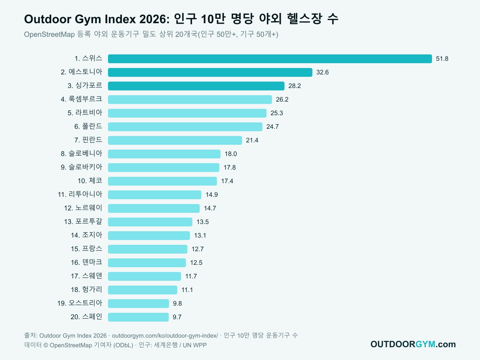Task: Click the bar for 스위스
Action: click(x=270, y=59)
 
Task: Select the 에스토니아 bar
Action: click(x=210, y=72)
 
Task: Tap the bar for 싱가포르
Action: click(x=196, y=86)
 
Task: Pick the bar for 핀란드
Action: click(x=175, y=140)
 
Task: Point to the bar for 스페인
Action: click(x=138, y=317)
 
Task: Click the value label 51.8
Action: click(x=442, y=59)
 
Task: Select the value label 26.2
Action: click(x=282, y=100)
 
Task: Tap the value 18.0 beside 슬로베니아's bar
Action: click(x=231, y=154)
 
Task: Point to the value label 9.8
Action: click(x=177, y=303)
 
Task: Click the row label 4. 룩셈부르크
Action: click(x=81, y=99)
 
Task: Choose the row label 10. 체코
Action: click(x=90, y=181)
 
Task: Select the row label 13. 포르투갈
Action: click(x=83, y=222)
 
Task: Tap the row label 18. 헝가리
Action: click(x=86, y=289)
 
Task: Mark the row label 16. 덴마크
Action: click(x=86, y=262)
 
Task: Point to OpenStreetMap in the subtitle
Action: click(x=50, y=34)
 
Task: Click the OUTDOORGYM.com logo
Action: click(x=413, y=344)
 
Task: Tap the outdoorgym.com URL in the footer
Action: click(x=165, y=336)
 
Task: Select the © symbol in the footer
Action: click(x=46, y=345)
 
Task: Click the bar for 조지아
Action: click(x=149, y=236)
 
